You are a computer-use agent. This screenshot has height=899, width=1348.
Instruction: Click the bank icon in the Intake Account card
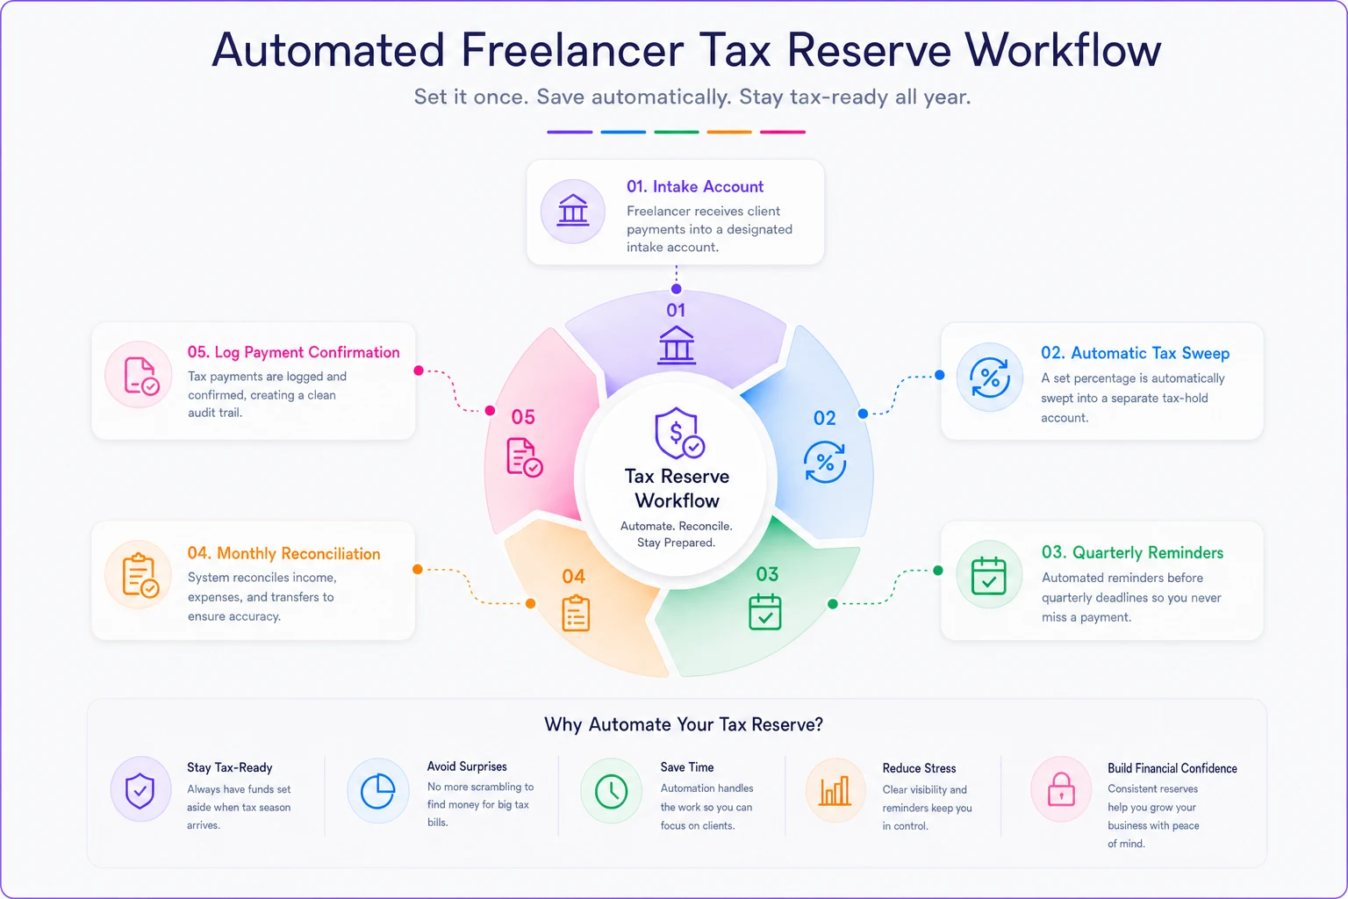pos(572,211)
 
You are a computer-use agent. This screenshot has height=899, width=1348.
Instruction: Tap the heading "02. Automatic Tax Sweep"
pos(1135,353)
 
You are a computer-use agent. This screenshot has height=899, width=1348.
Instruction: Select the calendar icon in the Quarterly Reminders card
pos(988,575)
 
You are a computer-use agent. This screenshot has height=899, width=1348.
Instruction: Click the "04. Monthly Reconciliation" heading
pos(283,553)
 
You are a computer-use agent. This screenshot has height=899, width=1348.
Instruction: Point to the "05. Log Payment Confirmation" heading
pos(294,352)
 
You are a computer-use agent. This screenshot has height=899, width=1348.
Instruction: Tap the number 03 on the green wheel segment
pos(767,574)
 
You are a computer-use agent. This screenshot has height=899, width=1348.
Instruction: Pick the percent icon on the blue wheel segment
pos(824,462)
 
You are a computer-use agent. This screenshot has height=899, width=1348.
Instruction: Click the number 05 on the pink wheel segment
pos(523,417)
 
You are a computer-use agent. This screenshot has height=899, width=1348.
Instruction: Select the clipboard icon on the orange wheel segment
pos(576,613)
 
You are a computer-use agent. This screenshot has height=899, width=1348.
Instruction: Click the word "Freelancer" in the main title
pos(572,50)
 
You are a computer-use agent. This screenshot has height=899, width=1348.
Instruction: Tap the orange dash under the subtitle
pos(729,132)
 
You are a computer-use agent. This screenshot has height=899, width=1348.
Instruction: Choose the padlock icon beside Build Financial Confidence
pos(1061,788)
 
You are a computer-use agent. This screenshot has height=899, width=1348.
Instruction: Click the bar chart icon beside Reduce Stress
pos(835,790)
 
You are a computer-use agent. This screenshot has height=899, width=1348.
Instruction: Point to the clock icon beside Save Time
pos(611,791)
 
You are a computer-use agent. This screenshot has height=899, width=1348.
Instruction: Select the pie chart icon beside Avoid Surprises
pos(377,791)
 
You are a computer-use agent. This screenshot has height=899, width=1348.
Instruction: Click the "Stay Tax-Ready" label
pos(229,767)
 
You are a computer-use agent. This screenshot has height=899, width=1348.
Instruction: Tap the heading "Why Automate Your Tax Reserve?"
pos(683,724)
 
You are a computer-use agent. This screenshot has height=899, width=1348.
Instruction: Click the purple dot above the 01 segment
pos(677,289)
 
